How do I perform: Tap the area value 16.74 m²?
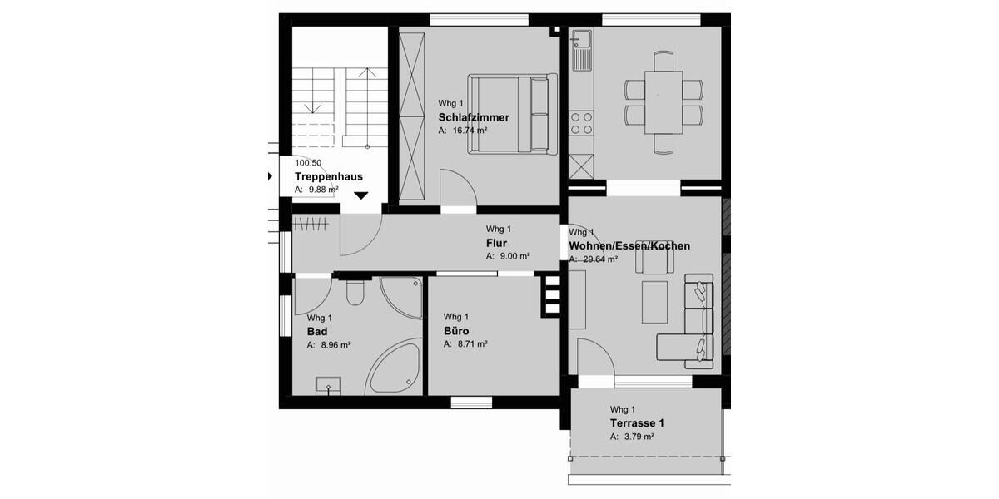469,131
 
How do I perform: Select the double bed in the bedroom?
513,114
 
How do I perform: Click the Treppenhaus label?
328,177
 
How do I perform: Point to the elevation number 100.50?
308,163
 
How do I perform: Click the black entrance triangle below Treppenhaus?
360,196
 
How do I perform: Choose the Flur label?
496,244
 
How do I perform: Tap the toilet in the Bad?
355,293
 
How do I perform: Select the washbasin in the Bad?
328,385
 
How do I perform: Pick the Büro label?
456,331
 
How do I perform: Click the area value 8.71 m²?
470,343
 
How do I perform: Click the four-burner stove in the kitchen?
580,123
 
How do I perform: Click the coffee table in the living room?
654,303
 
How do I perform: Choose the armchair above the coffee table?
652,261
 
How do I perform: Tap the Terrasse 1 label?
637,423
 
